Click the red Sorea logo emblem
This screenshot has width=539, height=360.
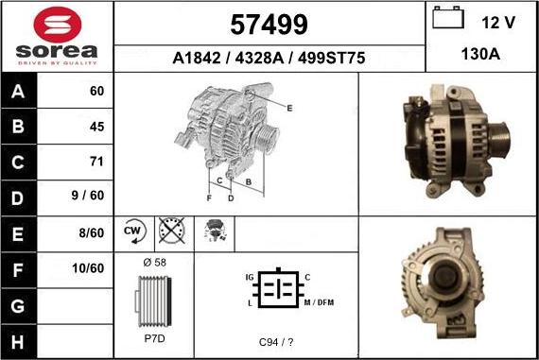click(58, 25)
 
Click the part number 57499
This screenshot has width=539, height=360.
click(269, 25)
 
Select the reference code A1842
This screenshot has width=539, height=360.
click(197, 58)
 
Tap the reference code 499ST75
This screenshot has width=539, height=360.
click(331, 58)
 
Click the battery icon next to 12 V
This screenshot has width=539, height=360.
click(448, 18)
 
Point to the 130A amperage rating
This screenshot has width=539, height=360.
click(480, 54)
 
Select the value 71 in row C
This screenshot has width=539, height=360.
click(96, 162)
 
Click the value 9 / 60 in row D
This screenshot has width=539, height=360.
click(88, 195)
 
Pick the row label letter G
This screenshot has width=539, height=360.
click(18, 306)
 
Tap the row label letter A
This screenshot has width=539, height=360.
click(18, 91)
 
